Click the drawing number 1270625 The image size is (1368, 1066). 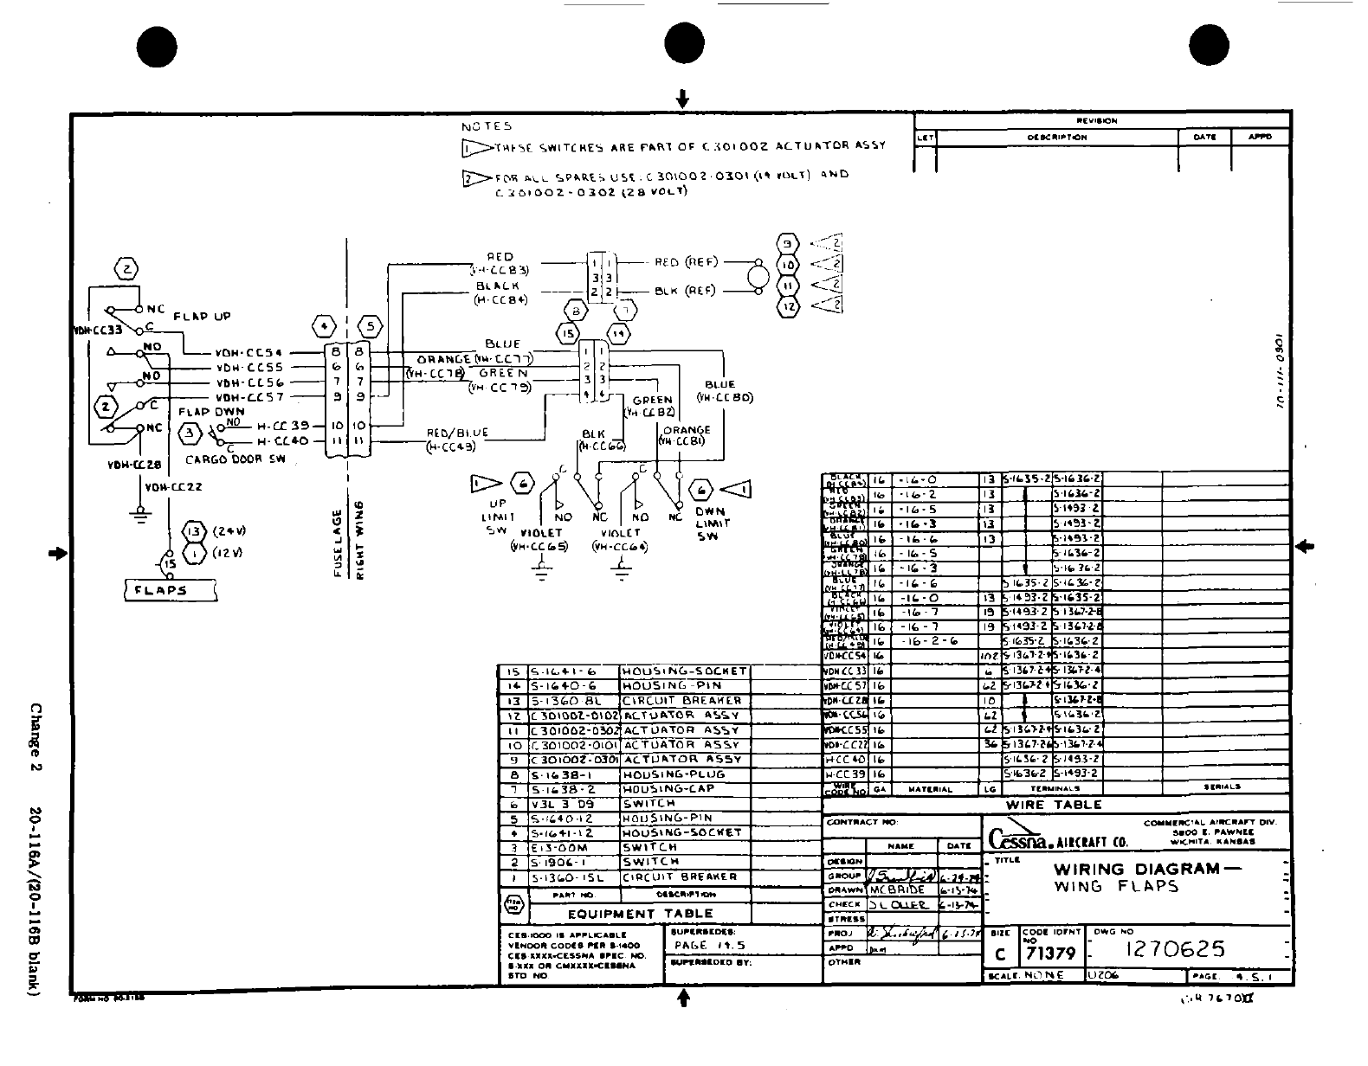coord(1174,949)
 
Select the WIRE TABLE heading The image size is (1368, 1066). coord(1055,805)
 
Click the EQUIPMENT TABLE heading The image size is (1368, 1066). coord(640,914)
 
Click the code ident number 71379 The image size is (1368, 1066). coord(1050,954)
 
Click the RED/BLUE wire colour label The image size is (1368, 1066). coord(457,433)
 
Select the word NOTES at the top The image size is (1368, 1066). coord(486,126)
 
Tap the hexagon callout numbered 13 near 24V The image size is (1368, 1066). coord(193,532)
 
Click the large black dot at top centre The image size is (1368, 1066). coord(683,43)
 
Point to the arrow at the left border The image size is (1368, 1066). coord(58,553)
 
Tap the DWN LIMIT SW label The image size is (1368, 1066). coord(711,523)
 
